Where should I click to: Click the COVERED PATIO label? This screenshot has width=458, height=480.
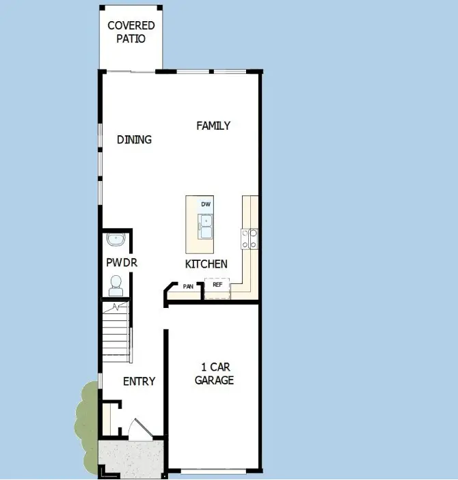tap(131, 32)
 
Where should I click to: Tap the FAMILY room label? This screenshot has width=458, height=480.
tap(213, 126)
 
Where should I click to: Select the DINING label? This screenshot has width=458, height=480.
tap(134, 139)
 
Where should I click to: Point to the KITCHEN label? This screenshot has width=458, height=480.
tap(206, 264)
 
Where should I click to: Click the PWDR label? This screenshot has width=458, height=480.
tap(117, 262)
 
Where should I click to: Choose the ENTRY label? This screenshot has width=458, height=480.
tap(139, 381)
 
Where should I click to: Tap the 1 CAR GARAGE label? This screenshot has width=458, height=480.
tap(214, 374)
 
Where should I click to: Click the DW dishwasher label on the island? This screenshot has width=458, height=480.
tap(205, 204)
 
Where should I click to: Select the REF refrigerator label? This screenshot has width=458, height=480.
tap(217, 285)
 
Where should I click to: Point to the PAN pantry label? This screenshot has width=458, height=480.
tap(188, 287)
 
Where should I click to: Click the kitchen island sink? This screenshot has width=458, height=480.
tap(205, 223)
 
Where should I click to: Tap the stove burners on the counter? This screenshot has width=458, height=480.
tap(249, 238)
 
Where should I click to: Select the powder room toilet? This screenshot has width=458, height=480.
tap(116, 283)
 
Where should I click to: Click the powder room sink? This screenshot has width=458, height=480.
tap(116, 240)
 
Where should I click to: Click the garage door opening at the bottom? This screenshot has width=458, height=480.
tap(213, 471)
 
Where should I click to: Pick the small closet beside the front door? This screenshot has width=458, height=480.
tap(107, 417)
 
